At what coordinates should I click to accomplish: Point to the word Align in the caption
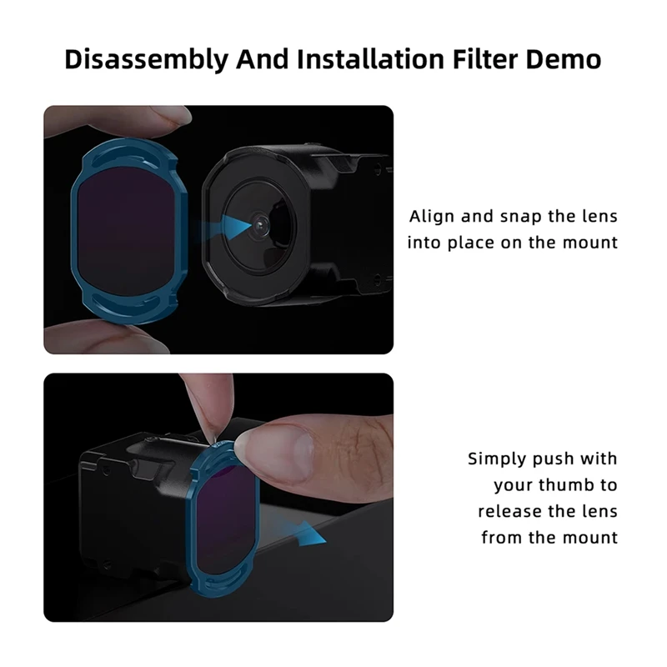(x=431, y=217)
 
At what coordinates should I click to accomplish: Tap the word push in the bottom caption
(x=560, y=459)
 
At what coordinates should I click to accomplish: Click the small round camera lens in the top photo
(x=261, y=223)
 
